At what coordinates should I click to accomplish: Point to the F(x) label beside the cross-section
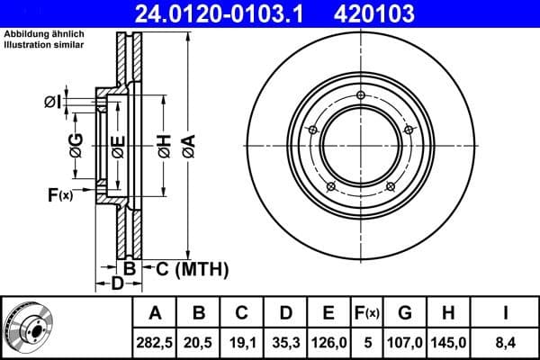(60, 193)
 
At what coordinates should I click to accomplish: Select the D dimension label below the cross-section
(116, 284)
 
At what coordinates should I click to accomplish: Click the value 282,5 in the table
(155, 342)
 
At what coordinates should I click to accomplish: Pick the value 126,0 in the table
(328, 342)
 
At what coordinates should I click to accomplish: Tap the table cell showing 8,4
(505, 342)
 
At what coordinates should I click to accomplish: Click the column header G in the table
(405, 314)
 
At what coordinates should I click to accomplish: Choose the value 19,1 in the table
(241, 342)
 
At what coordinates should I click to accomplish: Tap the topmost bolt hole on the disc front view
(360, 95)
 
